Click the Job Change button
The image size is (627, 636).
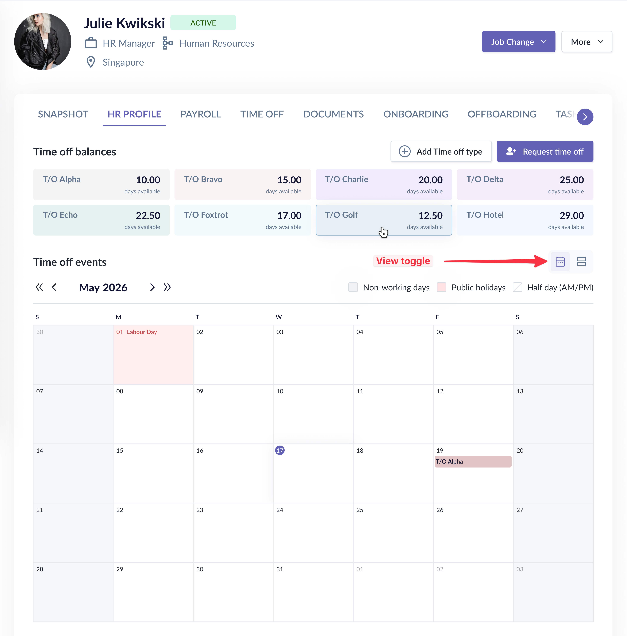(518, 42)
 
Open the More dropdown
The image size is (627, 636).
(586, 42)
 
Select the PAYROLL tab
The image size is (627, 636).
(201, 114)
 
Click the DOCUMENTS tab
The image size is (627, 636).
(333, 114)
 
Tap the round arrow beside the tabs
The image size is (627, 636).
(585, 117)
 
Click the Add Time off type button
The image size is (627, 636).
(441, 151)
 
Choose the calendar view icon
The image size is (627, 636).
(560, 262)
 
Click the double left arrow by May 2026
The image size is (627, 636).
(39, 287)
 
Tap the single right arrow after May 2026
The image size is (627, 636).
(152, 287)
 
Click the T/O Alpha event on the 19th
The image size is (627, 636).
(473, 462)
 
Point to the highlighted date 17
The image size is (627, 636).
(280, 450)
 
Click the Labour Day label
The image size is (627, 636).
(142, 332)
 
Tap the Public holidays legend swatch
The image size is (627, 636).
(441, 287)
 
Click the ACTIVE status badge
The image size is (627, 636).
(203, 23)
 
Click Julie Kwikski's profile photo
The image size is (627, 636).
(43, 42)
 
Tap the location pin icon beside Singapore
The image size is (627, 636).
(91, 62)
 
